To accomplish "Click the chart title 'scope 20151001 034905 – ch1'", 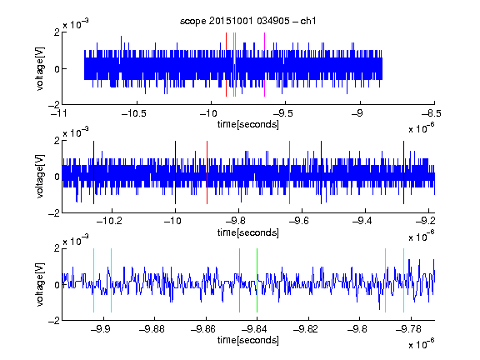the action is [x=248, y=21].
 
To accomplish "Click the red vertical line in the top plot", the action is [x=226, y=65].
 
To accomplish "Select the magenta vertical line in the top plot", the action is [x=264, y=65].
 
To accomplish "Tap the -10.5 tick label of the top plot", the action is [x=134, y=113].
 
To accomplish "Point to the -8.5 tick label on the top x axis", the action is [x=432, y=113].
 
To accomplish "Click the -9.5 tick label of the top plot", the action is [x=282, y=113].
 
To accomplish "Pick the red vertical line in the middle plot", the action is [x=207, y=172].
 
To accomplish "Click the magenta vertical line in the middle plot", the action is [x=290, y=172].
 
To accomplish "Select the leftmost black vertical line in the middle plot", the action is [x=93, y=172].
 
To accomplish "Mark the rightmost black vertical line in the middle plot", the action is [x=404, y=172].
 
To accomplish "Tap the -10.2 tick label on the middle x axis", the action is [x=109, y=221].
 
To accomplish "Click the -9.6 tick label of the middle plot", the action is [x=299, y=221].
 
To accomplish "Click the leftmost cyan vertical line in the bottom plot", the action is [x=93, y=280].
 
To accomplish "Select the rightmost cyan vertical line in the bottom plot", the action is [x=404, y=280].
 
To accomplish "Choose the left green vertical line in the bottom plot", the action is [x=239, y=280].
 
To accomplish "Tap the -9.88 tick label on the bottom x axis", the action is [x=152, y=329].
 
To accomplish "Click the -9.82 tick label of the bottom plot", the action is [x=306, y=329].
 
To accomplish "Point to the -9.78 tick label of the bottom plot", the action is [x=408, y=329].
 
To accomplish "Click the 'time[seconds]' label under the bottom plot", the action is [x=248, y=340].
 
